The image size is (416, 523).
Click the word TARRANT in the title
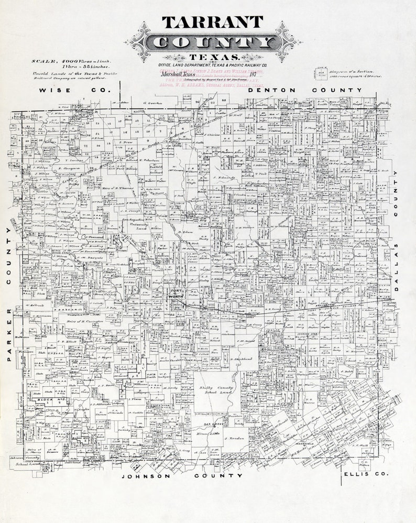point(212,22)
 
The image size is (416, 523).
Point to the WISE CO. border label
point(76,90)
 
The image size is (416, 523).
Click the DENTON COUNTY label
point(305,90)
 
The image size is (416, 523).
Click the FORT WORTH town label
point(177,295)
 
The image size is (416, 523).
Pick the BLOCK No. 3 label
point(50,400)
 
